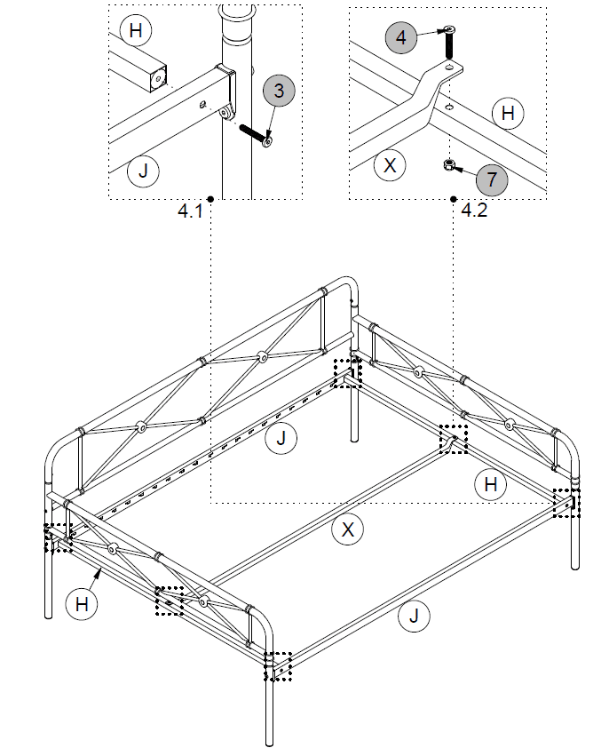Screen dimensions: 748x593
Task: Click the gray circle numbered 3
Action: click(279, 91)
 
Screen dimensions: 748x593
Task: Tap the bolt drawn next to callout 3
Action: click(255, 135)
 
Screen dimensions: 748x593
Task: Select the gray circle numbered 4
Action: click(400, 37)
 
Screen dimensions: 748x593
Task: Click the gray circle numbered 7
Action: click(492, 180)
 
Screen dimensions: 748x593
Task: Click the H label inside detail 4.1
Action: click(135, 31)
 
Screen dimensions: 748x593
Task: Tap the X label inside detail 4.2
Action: click(389, 164)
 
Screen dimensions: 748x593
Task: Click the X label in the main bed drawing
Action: click(348, 530)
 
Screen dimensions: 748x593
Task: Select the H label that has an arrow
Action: click(82, 605)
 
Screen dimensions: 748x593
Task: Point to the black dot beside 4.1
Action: click(210, 198)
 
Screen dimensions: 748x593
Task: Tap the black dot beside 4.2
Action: click(454, 198)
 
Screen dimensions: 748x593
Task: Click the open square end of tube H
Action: click(157, 77)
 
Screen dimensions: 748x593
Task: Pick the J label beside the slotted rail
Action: click(281, 437)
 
